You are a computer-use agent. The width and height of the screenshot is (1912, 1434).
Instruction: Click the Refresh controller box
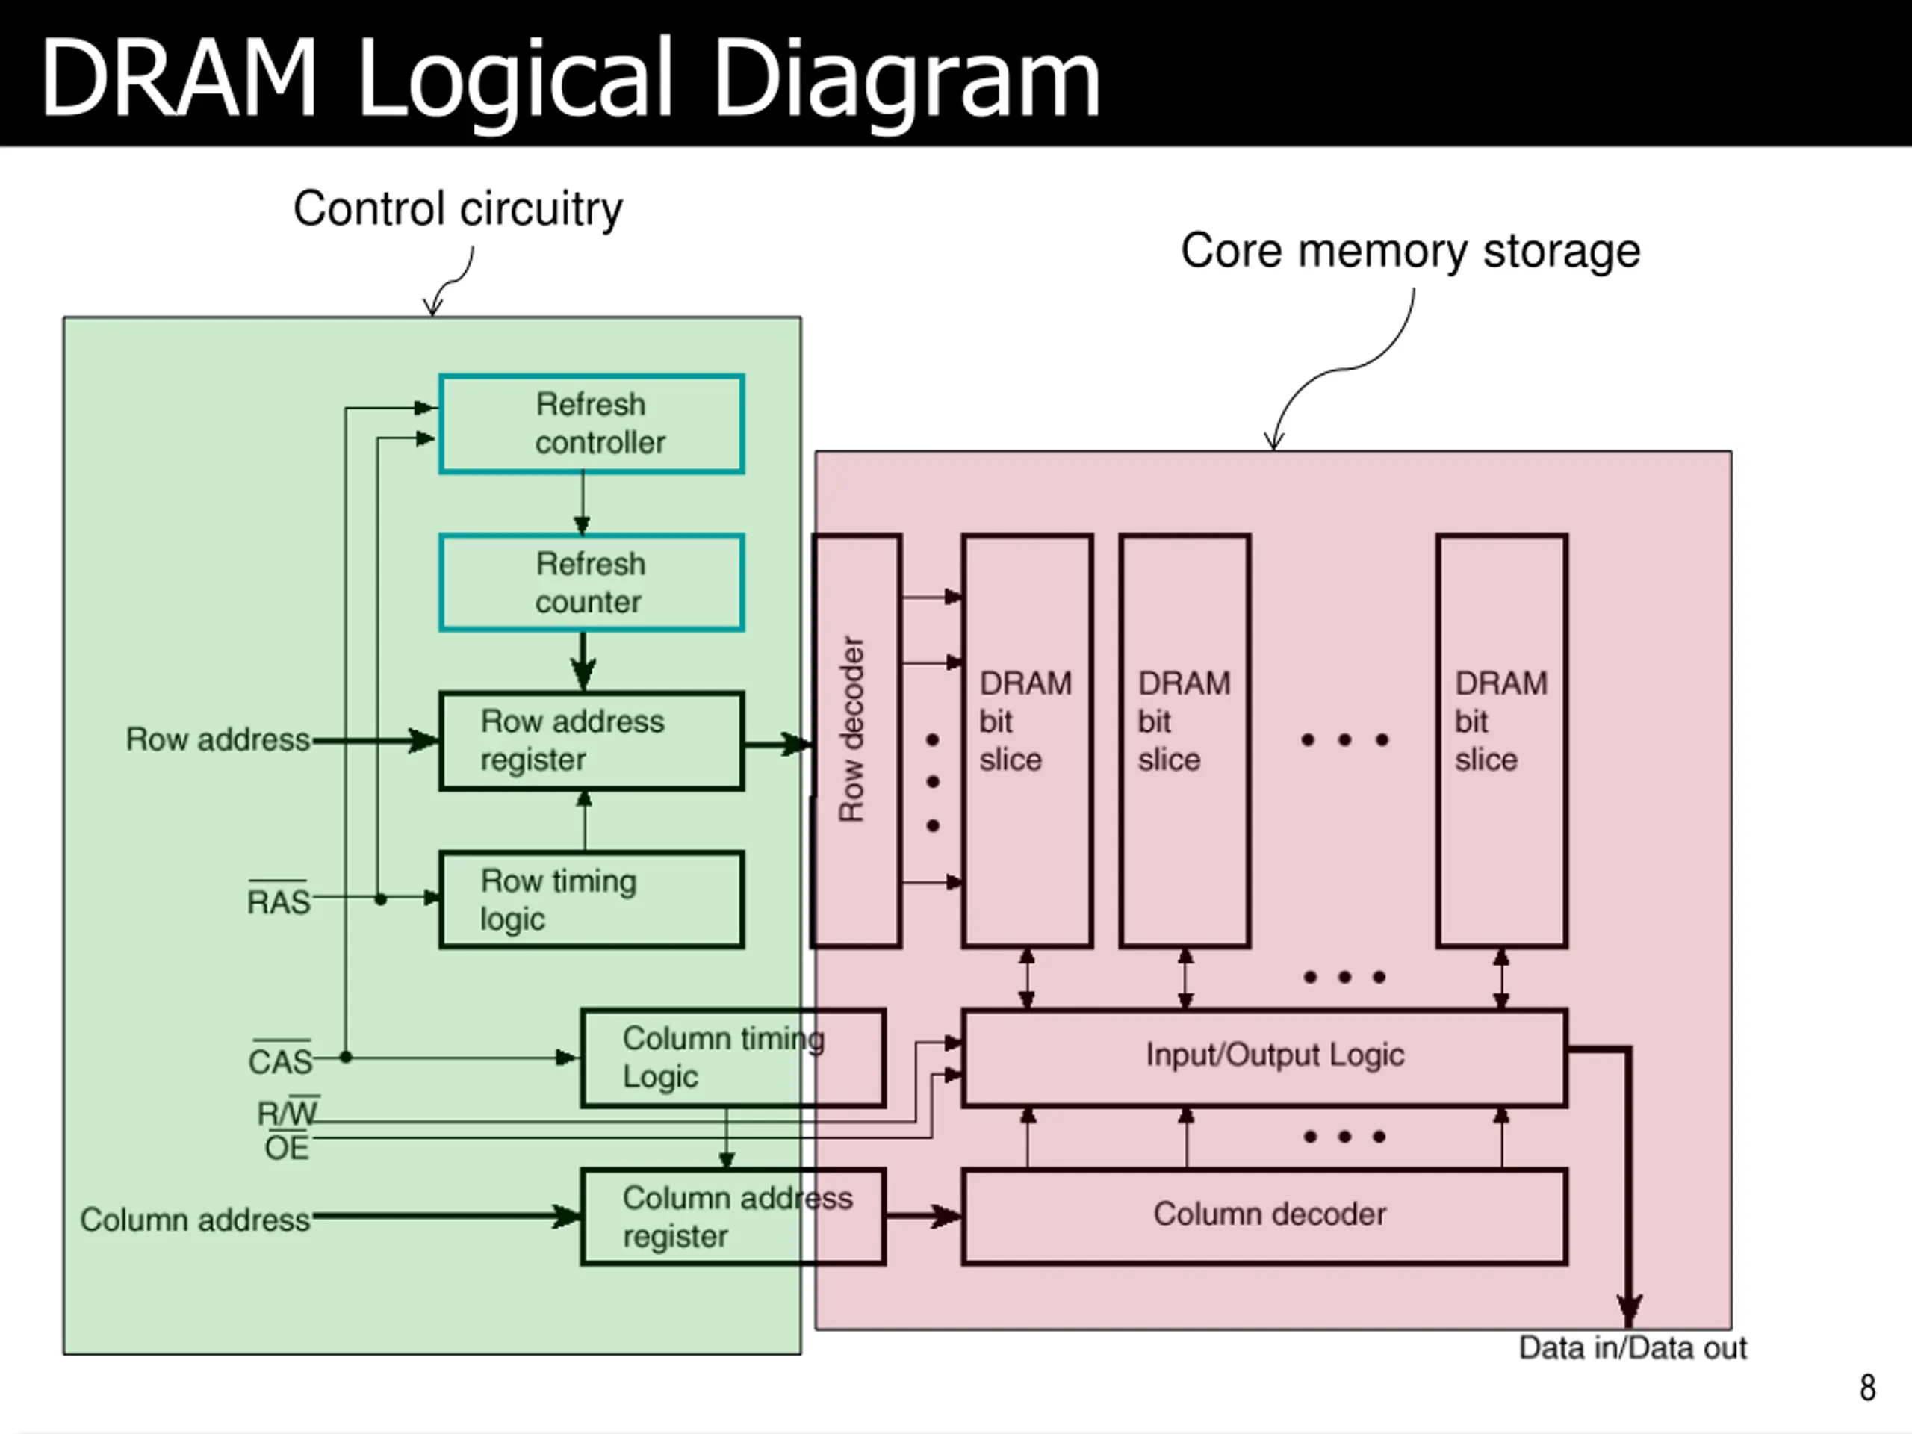point(592,423)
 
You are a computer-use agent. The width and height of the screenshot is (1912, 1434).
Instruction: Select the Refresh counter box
point(592,583)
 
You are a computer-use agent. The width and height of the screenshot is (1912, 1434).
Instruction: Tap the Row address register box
point(592,741)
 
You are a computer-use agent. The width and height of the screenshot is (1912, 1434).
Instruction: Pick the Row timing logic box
point(592,900)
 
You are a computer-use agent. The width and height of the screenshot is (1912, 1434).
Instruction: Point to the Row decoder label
point(851,729)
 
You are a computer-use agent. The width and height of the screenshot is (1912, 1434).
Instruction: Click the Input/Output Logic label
point(1275,1055)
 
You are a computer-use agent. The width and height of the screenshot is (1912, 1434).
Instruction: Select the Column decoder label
point(1269,1214)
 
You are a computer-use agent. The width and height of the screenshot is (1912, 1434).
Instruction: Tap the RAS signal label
point(279,899)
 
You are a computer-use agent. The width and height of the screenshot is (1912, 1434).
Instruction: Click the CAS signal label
point(280,1059)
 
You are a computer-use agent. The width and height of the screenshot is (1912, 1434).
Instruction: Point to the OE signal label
point(287,1147)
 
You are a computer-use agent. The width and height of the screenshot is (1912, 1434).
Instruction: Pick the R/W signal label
point(288,1111)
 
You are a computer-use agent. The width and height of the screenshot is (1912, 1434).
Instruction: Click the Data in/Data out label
point(1633,1347)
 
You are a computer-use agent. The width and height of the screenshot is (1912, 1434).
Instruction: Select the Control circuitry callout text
point(458,210)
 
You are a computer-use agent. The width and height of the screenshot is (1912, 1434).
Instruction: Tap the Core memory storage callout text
point(1411,252)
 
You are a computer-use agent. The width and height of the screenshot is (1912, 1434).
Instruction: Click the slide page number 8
point(1868,1388)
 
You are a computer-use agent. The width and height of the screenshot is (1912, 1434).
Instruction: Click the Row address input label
point(218,740)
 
